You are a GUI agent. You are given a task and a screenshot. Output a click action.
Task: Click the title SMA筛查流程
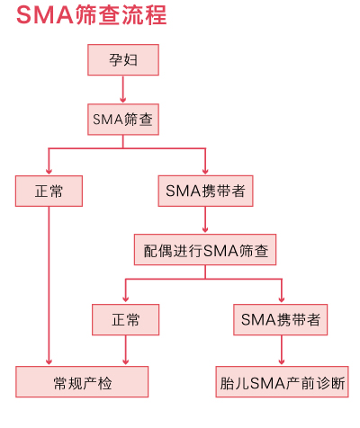tap(91, 15)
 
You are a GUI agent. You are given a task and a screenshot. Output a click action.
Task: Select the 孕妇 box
tap(123, 60)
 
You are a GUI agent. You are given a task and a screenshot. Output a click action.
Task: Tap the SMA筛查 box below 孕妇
tap(123, 120)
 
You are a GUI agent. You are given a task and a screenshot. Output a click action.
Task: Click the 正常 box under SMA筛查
tap(49, 191)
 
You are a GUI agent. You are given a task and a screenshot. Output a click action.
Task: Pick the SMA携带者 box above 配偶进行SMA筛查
tap(205, 191)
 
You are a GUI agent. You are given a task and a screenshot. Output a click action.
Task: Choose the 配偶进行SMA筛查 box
tap(205, 250)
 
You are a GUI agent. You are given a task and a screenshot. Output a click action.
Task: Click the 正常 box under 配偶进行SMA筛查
tap(125, 319)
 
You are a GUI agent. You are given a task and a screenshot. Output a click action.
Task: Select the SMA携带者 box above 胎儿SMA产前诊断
tap(281, 319)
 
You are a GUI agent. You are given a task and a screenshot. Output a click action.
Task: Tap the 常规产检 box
tap(82, 381)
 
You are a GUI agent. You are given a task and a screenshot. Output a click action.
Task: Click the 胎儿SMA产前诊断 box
tap(282, 381)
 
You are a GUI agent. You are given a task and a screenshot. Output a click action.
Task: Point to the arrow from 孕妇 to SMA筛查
tap(122, 89)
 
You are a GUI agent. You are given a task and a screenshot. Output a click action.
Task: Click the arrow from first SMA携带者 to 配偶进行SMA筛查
tap(205, 219)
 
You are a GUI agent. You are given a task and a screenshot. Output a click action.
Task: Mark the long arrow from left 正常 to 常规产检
tap(49, 286)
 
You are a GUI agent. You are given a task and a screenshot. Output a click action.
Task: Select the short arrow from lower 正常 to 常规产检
tap(126, 350)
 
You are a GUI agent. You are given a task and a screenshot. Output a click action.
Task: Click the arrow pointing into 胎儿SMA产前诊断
tap(282, 350)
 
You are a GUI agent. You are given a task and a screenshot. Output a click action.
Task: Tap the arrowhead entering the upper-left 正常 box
tap(49, 172)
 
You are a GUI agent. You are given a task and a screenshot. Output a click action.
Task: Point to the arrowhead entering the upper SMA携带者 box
tap(205, 172)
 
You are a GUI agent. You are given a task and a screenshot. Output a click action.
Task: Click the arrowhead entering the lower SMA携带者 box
tap(282, 299)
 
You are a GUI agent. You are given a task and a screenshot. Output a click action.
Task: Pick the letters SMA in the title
tap(45, 15)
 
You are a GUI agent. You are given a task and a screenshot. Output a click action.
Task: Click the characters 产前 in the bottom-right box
tap(300, 383)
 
